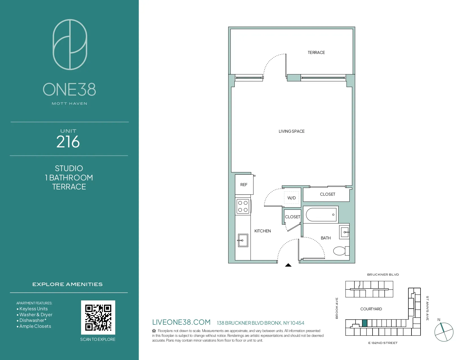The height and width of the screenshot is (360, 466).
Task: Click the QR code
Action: click(x=98, y=317)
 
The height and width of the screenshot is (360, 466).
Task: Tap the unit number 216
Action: click(x=68, y=142)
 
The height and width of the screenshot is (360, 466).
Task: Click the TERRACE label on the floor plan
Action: click(x=316, y=53)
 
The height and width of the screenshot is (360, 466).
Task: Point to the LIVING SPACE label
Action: click(x=291, y=131)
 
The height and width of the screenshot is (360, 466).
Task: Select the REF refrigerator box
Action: click(x=244, y=185)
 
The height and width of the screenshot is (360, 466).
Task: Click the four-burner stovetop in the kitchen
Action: click(x=243, y=206)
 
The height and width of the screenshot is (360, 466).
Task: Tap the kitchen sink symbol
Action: click(x=243, y=240)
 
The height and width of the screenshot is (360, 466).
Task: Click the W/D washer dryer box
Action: click(x=291, y=198)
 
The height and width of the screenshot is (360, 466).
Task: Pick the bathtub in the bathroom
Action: click(x=321, y=215)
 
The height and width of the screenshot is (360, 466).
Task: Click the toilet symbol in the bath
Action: click(x=340, y=251)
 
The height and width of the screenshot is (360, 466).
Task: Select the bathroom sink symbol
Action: click(x=345, y=232)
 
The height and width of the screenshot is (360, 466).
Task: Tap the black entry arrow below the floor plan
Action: click(x=288, y=265)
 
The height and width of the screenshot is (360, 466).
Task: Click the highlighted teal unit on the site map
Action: click(x=365, y=323)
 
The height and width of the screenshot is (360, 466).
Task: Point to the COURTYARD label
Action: click(x=371, y=309)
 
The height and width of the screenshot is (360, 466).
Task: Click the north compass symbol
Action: click(x=444, y=332)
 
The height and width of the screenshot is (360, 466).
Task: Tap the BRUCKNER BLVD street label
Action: click(x=383, y=274)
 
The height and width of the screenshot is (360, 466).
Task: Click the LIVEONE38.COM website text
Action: click(x=181, y=322)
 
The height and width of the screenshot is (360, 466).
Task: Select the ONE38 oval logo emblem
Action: click(x=70, y=45)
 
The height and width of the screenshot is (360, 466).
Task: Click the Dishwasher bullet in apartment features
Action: click(x=32, y=320)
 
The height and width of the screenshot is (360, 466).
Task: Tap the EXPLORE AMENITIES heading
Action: click(x=67, y=284)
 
